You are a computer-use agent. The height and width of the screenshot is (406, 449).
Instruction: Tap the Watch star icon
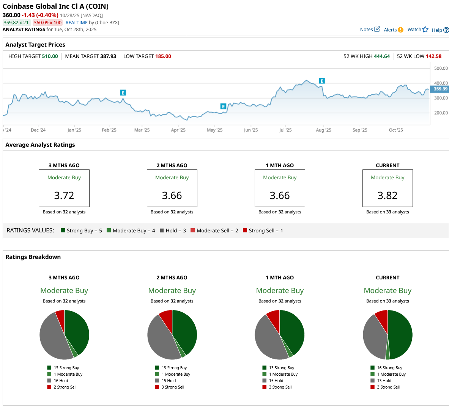(x=425, y=30)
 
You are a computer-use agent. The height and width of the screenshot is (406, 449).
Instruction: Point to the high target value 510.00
(x=50, y=56)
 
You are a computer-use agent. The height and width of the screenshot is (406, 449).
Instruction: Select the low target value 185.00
(x=163, y=56)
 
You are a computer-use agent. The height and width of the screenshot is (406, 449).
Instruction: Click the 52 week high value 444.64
(x=382, y=56)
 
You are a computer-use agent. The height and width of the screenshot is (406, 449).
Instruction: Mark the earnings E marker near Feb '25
(x=123, y=93)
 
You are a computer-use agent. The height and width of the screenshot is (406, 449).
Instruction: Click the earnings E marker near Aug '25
(x=322, y=81)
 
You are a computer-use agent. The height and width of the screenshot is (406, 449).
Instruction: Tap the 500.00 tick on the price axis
(x=441, y=69)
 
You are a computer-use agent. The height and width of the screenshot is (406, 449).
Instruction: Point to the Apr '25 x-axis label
(x=178, y=130)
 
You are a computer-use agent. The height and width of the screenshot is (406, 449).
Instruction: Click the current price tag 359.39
(x=440, y=89)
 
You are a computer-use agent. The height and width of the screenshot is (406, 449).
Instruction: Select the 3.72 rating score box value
(x=64, y=196)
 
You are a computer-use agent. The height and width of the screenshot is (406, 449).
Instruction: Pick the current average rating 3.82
(x=388, y=196)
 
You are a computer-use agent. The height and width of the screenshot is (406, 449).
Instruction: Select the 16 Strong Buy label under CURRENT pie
(x=389, y=368)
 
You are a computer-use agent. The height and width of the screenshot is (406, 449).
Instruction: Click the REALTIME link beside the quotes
(x=76, y=23)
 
